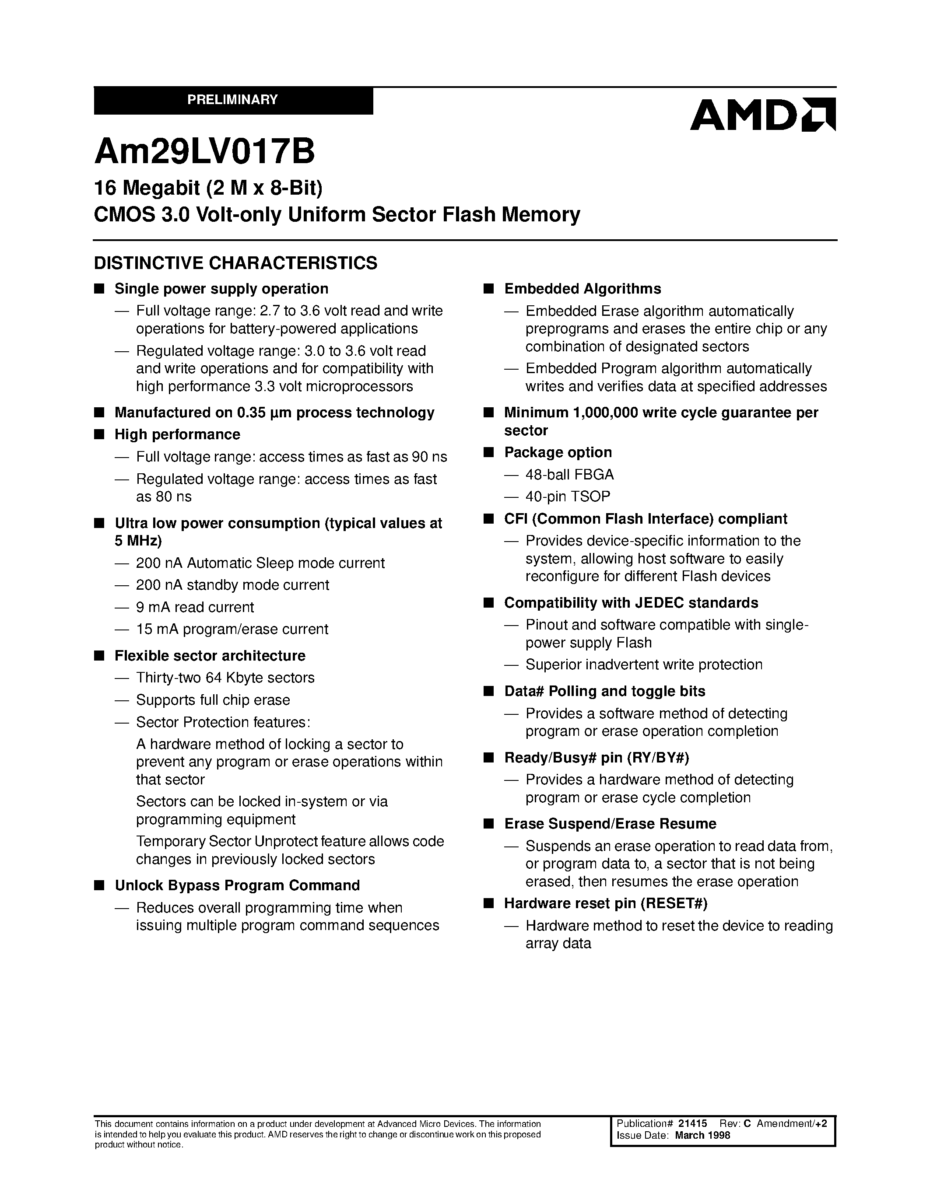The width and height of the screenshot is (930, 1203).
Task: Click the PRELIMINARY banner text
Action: tap(232, 100)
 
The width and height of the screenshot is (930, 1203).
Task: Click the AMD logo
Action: tap(762, 115)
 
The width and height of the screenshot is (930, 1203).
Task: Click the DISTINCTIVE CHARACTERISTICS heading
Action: tap(235, 263)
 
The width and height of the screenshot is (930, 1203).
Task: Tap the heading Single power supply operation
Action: tap(221, 289)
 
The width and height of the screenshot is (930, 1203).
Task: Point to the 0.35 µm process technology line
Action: tap(274, 413)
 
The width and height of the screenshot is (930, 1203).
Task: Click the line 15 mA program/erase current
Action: tap(232, 629)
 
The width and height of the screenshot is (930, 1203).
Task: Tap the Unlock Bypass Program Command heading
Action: tap(237, 885)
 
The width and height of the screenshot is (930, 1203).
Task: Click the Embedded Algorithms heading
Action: tap(583, 289)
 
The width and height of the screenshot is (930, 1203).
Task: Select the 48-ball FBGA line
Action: tap(569, 474)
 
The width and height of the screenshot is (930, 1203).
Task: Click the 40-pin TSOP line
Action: tap(568, 497)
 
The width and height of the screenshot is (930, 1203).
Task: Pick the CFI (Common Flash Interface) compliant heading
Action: tap(645, 519)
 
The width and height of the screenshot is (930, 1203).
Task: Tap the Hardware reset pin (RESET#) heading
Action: tap(606, 903)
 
